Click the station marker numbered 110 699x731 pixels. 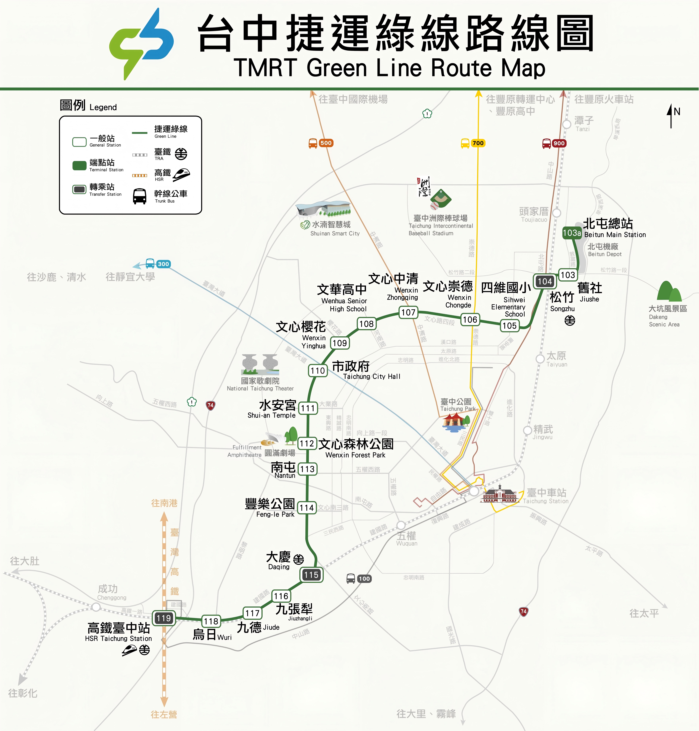point(318,371)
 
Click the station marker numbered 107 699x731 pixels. point(408,312)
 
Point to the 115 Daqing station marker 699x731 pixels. point(311,575)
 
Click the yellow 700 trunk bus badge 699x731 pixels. point(478,143)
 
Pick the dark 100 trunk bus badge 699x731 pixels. point(364,578)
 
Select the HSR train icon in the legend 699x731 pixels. point(181,174)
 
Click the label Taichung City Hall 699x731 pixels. point(372,376)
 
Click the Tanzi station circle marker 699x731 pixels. point(567,124)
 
